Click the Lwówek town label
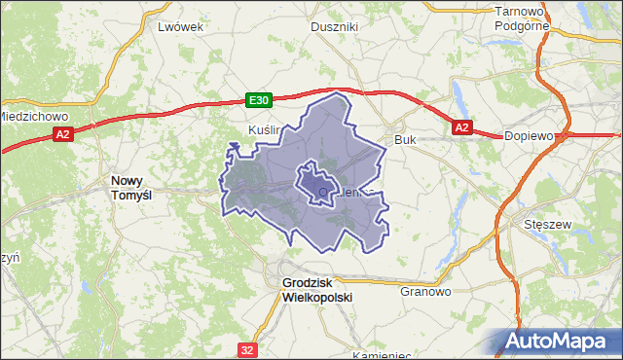click(x=180, y=27)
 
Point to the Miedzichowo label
click(x=29, y=115)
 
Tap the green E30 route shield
click(x=257, y=100)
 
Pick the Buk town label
click(x=405, y=140)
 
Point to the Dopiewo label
click(x=529, y=136)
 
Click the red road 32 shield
click(x=249, y=346)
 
